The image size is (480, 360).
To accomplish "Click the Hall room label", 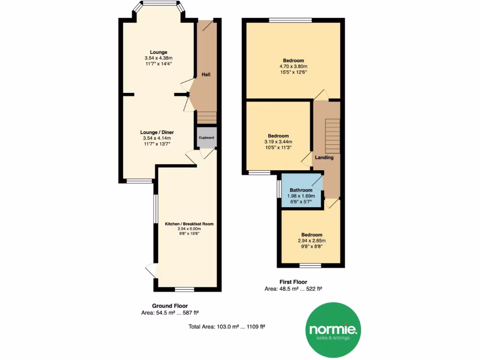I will pos(206,75).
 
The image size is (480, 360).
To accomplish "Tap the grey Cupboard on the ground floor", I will pos(206,138).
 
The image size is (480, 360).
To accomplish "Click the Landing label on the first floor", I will pos(324,157).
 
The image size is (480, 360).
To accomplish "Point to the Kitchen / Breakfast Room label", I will pos(189,224).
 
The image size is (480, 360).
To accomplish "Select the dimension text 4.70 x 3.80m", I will pos(293,66).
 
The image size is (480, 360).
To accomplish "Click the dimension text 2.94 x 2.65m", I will pos(312,240).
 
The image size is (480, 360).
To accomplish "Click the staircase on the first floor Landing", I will pos(332,134).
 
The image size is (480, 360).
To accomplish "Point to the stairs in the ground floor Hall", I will pos(206,117).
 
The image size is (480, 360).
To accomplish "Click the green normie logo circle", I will pos(333,330).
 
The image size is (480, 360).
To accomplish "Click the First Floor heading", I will pos(293,282).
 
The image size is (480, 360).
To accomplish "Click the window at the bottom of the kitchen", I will pos(184,289).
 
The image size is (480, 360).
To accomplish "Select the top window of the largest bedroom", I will pos(290,20).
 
